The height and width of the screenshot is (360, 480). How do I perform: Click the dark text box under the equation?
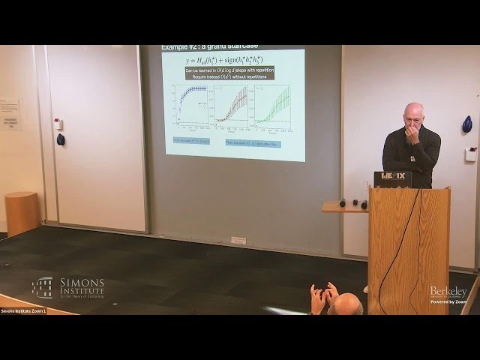229,73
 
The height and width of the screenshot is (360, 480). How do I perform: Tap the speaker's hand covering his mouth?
412,134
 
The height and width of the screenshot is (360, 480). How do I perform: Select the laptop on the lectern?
392,179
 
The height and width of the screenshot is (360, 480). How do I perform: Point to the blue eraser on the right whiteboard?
467,124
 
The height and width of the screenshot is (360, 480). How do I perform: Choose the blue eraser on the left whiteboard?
61,139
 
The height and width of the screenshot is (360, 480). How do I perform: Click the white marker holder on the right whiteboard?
470,154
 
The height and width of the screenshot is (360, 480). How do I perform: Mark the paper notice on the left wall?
10,115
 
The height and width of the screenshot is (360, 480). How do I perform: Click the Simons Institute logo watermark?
68,287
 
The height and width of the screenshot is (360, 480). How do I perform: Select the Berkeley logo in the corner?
448,292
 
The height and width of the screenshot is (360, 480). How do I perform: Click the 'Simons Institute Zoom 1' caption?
23,310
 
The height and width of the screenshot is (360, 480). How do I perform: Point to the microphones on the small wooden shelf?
352,203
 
